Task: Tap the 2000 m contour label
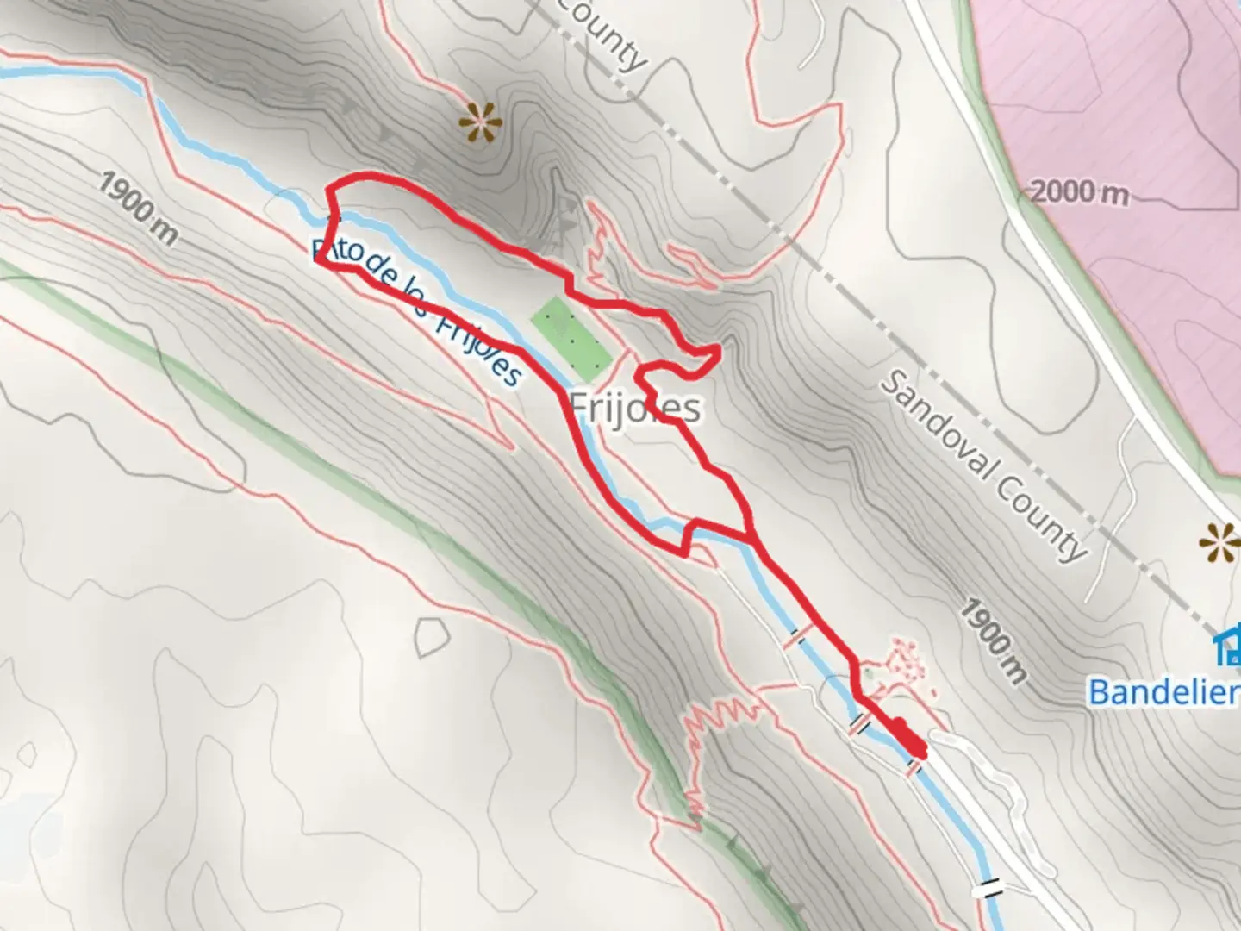tap(1079, 191)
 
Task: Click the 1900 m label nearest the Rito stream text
tap(138, 208)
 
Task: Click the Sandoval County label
tap(982, 466)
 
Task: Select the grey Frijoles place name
tap(636, 408)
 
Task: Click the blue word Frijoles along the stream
tap(478, 350)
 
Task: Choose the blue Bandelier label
tap(1163, 691)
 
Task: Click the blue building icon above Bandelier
tap(1227, 647)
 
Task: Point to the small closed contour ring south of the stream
tap(431, 639)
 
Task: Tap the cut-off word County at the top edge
tap(603, 34)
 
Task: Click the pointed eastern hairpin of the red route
tap(718, 348)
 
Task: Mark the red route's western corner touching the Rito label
tap(320, 259)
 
